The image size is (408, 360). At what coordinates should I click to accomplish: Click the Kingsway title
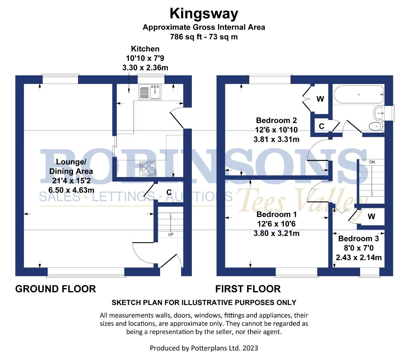[x=204, y=14]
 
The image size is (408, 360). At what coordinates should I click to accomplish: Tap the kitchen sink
[x=155, y=92]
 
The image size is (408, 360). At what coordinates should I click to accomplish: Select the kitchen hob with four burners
[x=147, y=168]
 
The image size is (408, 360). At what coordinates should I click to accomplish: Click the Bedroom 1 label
[x=273, y=214]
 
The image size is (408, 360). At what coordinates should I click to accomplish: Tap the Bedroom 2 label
[x=276, y=120]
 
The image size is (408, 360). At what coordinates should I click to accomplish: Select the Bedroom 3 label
[x=358, y=239]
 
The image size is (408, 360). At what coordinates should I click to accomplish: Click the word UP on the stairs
[x=170, y=234]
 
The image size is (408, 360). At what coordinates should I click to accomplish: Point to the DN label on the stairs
[x=372, y=162]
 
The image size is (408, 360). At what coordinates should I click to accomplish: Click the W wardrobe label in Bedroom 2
[x=320, y=99]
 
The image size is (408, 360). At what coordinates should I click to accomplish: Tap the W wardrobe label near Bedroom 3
[x=371, y=217]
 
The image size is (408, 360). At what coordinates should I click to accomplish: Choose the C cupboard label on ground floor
[x=169, y=192]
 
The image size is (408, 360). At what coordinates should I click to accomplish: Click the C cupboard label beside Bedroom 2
[x=321, y=126]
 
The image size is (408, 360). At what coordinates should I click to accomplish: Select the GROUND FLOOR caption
[x=55, y=289]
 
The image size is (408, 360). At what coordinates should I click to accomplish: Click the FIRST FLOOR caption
[x=248, y=289]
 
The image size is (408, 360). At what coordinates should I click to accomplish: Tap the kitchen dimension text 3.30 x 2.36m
[x=145, y=68]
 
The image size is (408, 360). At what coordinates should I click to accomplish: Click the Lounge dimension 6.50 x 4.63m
[x=71, y=190]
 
